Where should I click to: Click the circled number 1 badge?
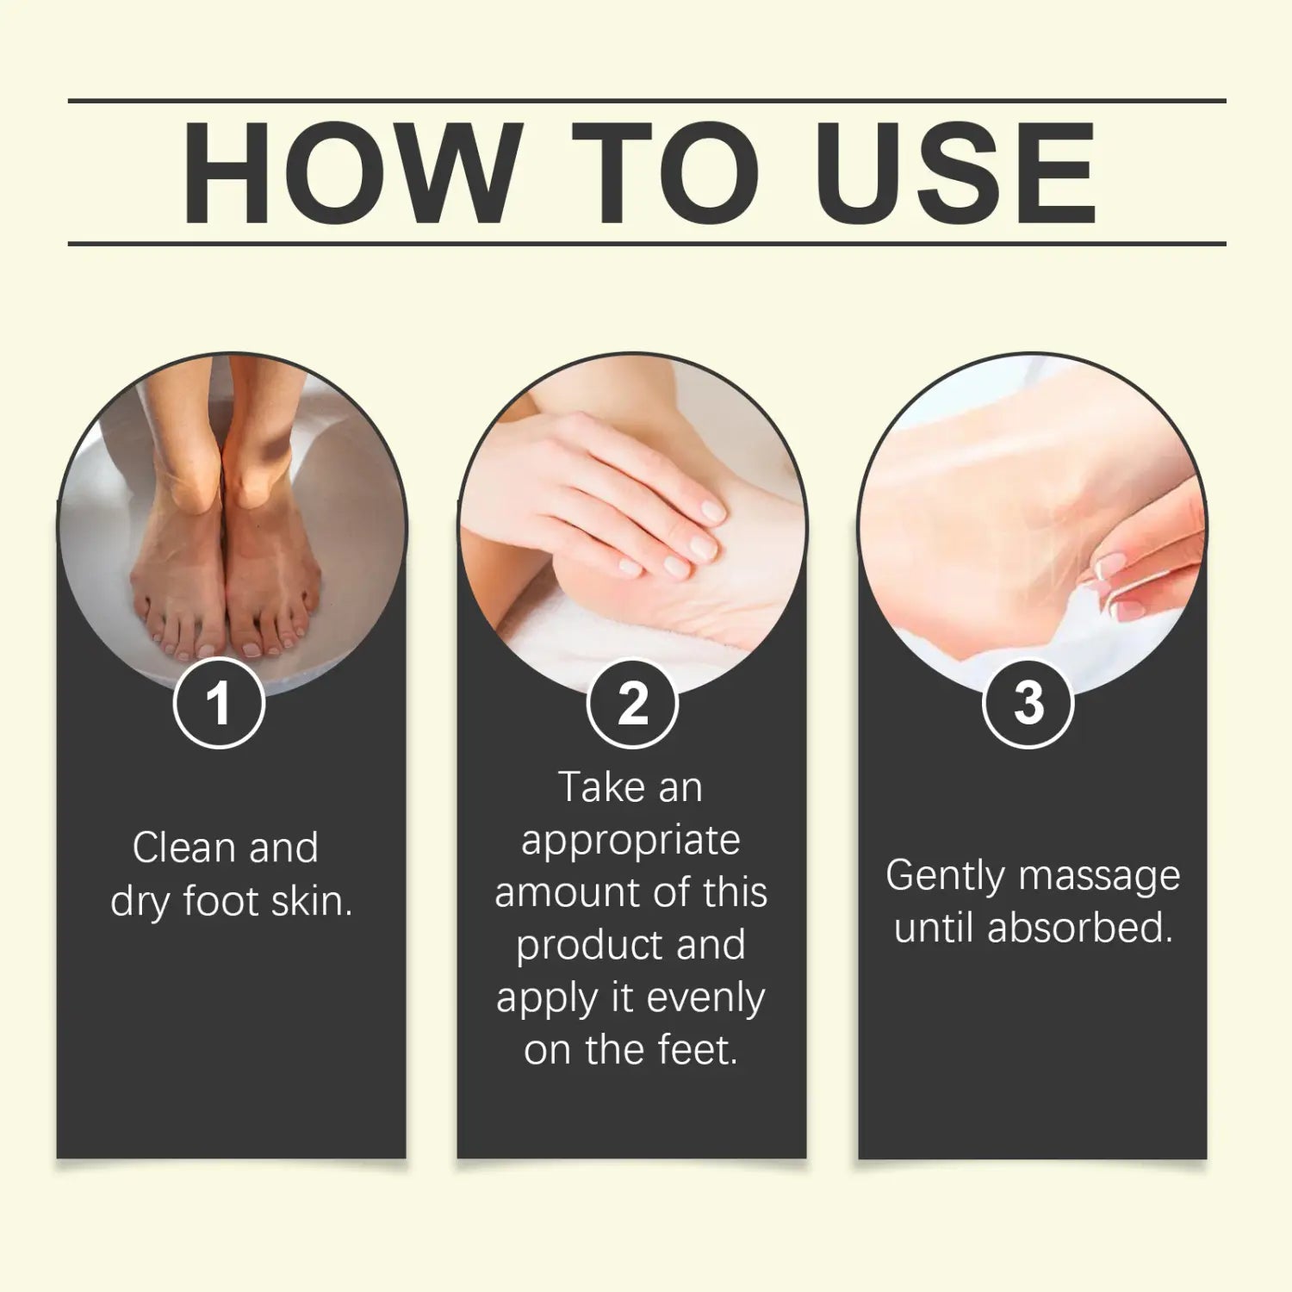[x=219, y=702]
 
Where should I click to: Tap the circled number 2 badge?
[x=632, y=703]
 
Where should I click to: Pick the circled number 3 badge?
[x=1028, y=702]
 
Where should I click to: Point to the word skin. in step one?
[x=312, y=901]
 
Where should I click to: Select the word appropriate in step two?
[x=630, y=842]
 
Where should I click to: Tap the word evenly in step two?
[x=705, y=998]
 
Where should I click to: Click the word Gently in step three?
[x=945, y=877]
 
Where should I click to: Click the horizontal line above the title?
[x=646, y=101]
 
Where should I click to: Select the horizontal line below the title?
[x=646, y=244]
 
